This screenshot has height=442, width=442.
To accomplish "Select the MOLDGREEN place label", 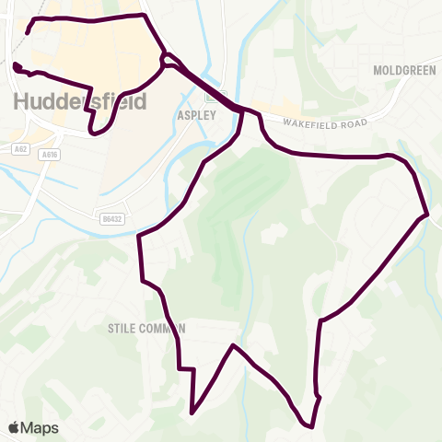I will [x=397, y=70].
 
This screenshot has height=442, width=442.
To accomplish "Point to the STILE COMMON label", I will [x=146, y=328].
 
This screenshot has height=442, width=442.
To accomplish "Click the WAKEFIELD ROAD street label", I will [x=325, y=123].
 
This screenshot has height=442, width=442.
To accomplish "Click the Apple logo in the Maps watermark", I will [x=14, y=428].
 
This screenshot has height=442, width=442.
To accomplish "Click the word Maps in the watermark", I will [x=40, y=428].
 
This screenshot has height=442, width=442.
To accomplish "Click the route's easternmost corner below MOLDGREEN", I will [x=428, y=215].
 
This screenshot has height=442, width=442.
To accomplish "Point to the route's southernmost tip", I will [x=310, y=426].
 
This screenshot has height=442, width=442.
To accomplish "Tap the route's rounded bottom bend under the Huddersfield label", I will [x=94, y=133].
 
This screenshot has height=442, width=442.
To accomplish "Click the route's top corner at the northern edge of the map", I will [x=144, y=15].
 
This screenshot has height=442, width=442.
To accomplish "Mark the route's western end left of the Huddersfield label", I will [x=14, y=64].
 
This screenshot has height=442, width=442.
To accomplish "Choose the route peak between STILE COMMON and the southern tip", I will [x=234, y=345].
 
